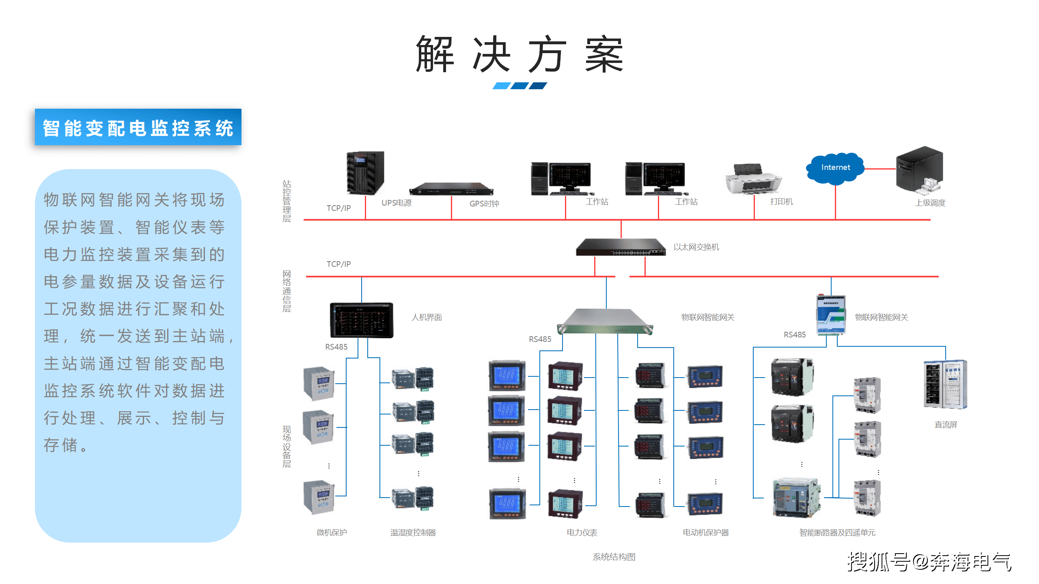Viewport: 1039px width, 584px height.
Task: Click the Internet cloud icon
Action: tap(835, 168)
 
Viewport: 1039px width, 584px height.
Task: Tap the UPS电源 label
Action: tap(397, 203)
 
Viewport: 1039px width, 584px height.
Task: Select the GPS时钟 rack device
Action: tap(451, 189)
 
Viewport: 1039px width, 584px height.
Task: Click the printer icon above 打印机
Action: tap(753, 179)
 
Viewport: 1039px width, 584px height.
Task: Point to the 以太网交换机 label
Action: tap(696, 247)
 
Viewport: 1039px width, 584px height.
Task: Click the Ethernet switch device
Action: tap(621, 247)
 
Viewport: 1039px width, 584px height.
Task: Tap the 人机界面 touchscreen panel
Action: tap(361, 320)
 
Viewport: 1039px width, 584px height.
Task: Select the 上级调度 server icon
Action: tap(920, 170)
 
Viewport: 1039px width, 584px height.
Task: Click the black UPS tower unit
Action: tap(365, 173)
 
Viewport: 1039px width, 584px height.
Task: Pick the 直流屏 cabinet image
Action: tap(945, 384)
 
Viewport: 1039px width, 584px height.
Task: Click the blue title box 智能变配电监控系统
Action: tap(138, 127)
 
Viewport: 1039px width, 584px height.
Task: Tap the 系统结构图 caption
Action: tap(614, 557)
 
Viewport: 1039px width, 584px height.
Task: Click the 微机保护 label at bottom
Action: tap(332, 532)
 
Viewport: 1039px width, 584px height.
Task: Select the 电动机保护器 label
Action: tap(705, 532)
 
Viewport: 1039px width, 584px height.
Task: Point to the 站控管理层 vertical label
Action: tap(287, 201)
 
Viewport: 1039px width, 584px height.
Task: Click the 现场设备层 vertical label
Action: tap(287, 447)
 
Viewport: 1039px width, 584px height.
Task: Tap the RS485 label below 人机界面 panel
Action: tap(336, 347)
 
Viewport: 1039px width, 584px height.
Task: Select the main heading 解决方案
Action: tap(519, 54)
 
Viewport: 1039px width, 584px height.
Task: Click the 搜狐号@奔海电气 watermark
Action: tap(929, 562)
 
